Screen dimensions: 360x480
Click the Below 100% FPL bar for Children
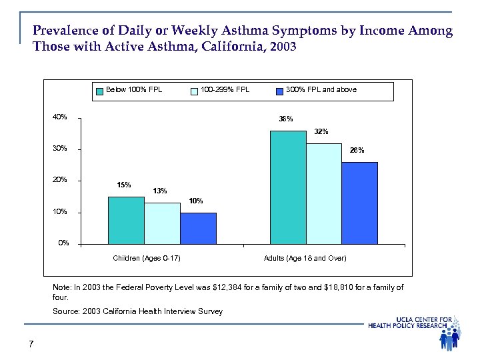point(126,221)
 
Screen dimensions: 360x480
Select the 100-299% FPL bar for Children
point(162,223)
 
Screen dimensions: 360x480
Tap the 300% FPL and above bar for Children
point(198,229)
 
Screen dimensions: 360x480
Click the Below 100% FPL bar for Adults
point(288,187)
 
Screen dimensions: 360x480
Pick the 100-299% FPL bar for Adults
point(324,194)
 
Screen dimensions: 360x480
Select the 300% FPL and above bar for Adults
point(360,203)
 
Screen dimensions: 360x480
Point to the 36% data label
point(286,120)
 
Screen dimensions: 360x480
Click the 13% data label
point(160,191)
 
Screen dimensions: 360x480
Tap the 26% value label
point(357,151)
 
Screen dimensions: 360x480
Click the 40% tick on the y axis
point(60,117)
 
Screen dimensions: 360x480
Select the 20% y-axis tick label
point(60,181)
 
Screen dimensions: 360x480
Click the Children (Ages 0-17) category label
point(146,258)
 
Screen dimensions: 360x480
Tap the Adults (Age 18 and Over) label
point(305,258)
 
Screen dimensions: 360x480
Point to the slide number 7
point(31,344)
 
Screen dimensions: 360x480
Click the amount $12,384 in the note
point(241,287)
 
